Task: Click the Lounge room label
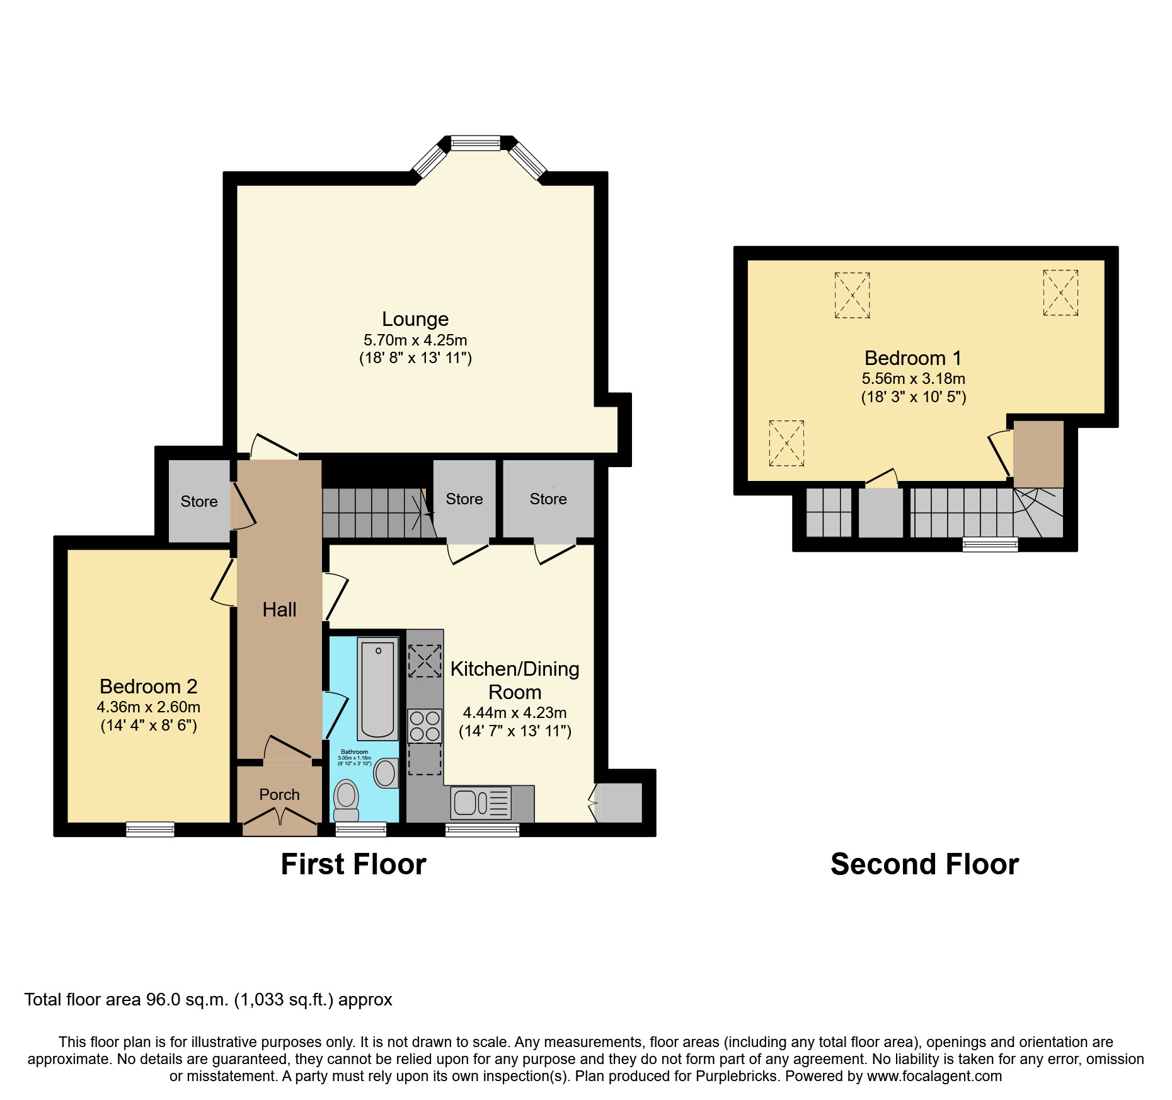(x=415, y=320)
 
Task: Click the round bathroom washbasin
(x=386, y=773)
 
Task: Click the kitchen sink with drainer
(x=481, y=803)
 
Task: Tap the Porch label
(x=279, y=795)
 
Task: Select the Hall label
(x=279, y=610)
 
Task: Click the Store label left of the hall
(x=199, y=502)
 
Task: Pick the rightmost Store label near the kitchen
(x=548, y=499)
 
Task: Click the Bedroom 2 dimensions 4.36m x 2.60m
(x=149, y=707)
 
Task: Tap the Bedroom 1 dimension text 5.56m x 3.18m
(x=913, y=379)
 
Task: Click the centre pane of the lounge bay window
(x=476, y=144)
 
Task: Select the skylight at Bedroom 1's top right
(x=1060, y=293)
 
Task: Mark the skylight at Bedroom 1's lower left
(x=786, y=444)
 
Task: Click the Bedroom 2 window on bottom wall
(x=150, y=829)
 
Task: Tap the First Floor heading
(x=353, y=864)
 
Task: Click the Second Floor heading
(x=924, y=864)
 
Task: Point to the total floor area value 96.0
(x=163, y=1000)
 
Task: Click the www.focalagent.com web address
(x=934, y=1077)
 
